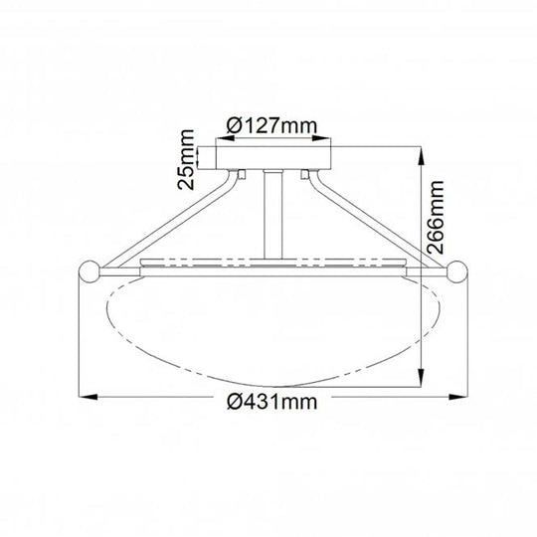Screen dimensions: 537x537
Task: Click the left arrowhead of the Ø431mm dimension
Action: click(89, 400)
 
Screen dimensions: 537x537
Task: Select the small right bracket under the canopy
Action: click(301, 176)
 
